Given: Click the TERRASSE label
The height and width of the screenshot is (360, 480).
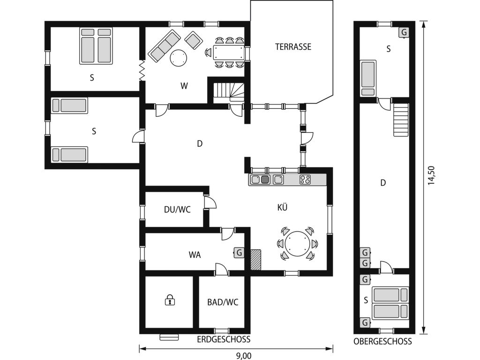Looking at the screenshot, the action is [x=293, y=47].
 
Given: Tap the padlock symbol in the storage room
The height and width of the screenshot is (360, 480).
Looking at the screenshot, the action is [x=170, y=300].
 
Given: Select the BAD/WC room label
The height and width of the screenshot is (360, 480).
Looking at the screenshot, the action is [x=223, y=302].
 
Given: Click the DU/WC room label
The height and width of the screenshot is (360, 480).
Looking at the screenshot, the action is [x=177, y=210].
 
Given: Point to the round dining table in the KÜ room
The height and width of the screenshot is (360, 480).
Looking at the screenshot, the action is [x=297, y=244].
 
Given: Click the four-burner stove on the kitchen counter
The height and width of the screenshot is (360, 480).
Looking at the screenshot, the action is [x=305, y=180].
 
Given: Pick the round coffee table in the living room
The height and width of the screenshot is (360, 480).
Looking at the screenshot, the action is [x=178, y=58].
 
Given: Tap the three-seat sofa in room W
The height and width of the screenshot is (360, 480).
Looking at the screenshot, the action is [x=164, y=46].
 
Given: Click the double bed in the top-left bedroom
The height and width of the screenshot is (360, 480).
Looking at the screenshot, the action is [x=96, y=46].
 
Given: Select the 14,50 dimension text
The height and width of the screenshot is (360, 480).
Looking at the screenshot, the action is [x=431, y=175].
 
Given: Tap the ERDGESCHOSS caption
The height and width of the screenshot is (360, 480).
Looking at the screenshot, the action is [x=224, y=339].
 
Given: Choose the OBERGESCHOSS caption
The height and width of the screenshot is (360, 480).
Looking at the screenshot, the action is [x=382, y=342].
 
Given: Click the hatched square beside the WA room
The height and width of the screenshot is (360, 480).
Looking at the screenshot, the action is [x=256, y=260].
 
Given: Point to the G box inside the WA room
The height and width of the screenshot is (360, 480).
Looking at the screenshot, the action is [x=239, y=253].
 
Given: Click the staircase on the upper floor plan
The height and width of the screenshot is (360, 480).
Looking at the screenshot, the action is [x=401, y=120].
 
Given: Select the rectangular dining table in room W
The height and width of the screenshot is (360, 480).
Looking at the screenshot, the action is [x=229, y=53].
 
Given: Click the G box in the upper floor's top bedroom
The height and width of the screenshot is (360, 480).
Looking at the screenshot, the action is [x=404, y=32].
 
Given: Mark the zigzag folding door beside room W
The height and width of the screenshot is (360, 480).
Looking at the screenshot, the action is [x=142, y=70].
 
